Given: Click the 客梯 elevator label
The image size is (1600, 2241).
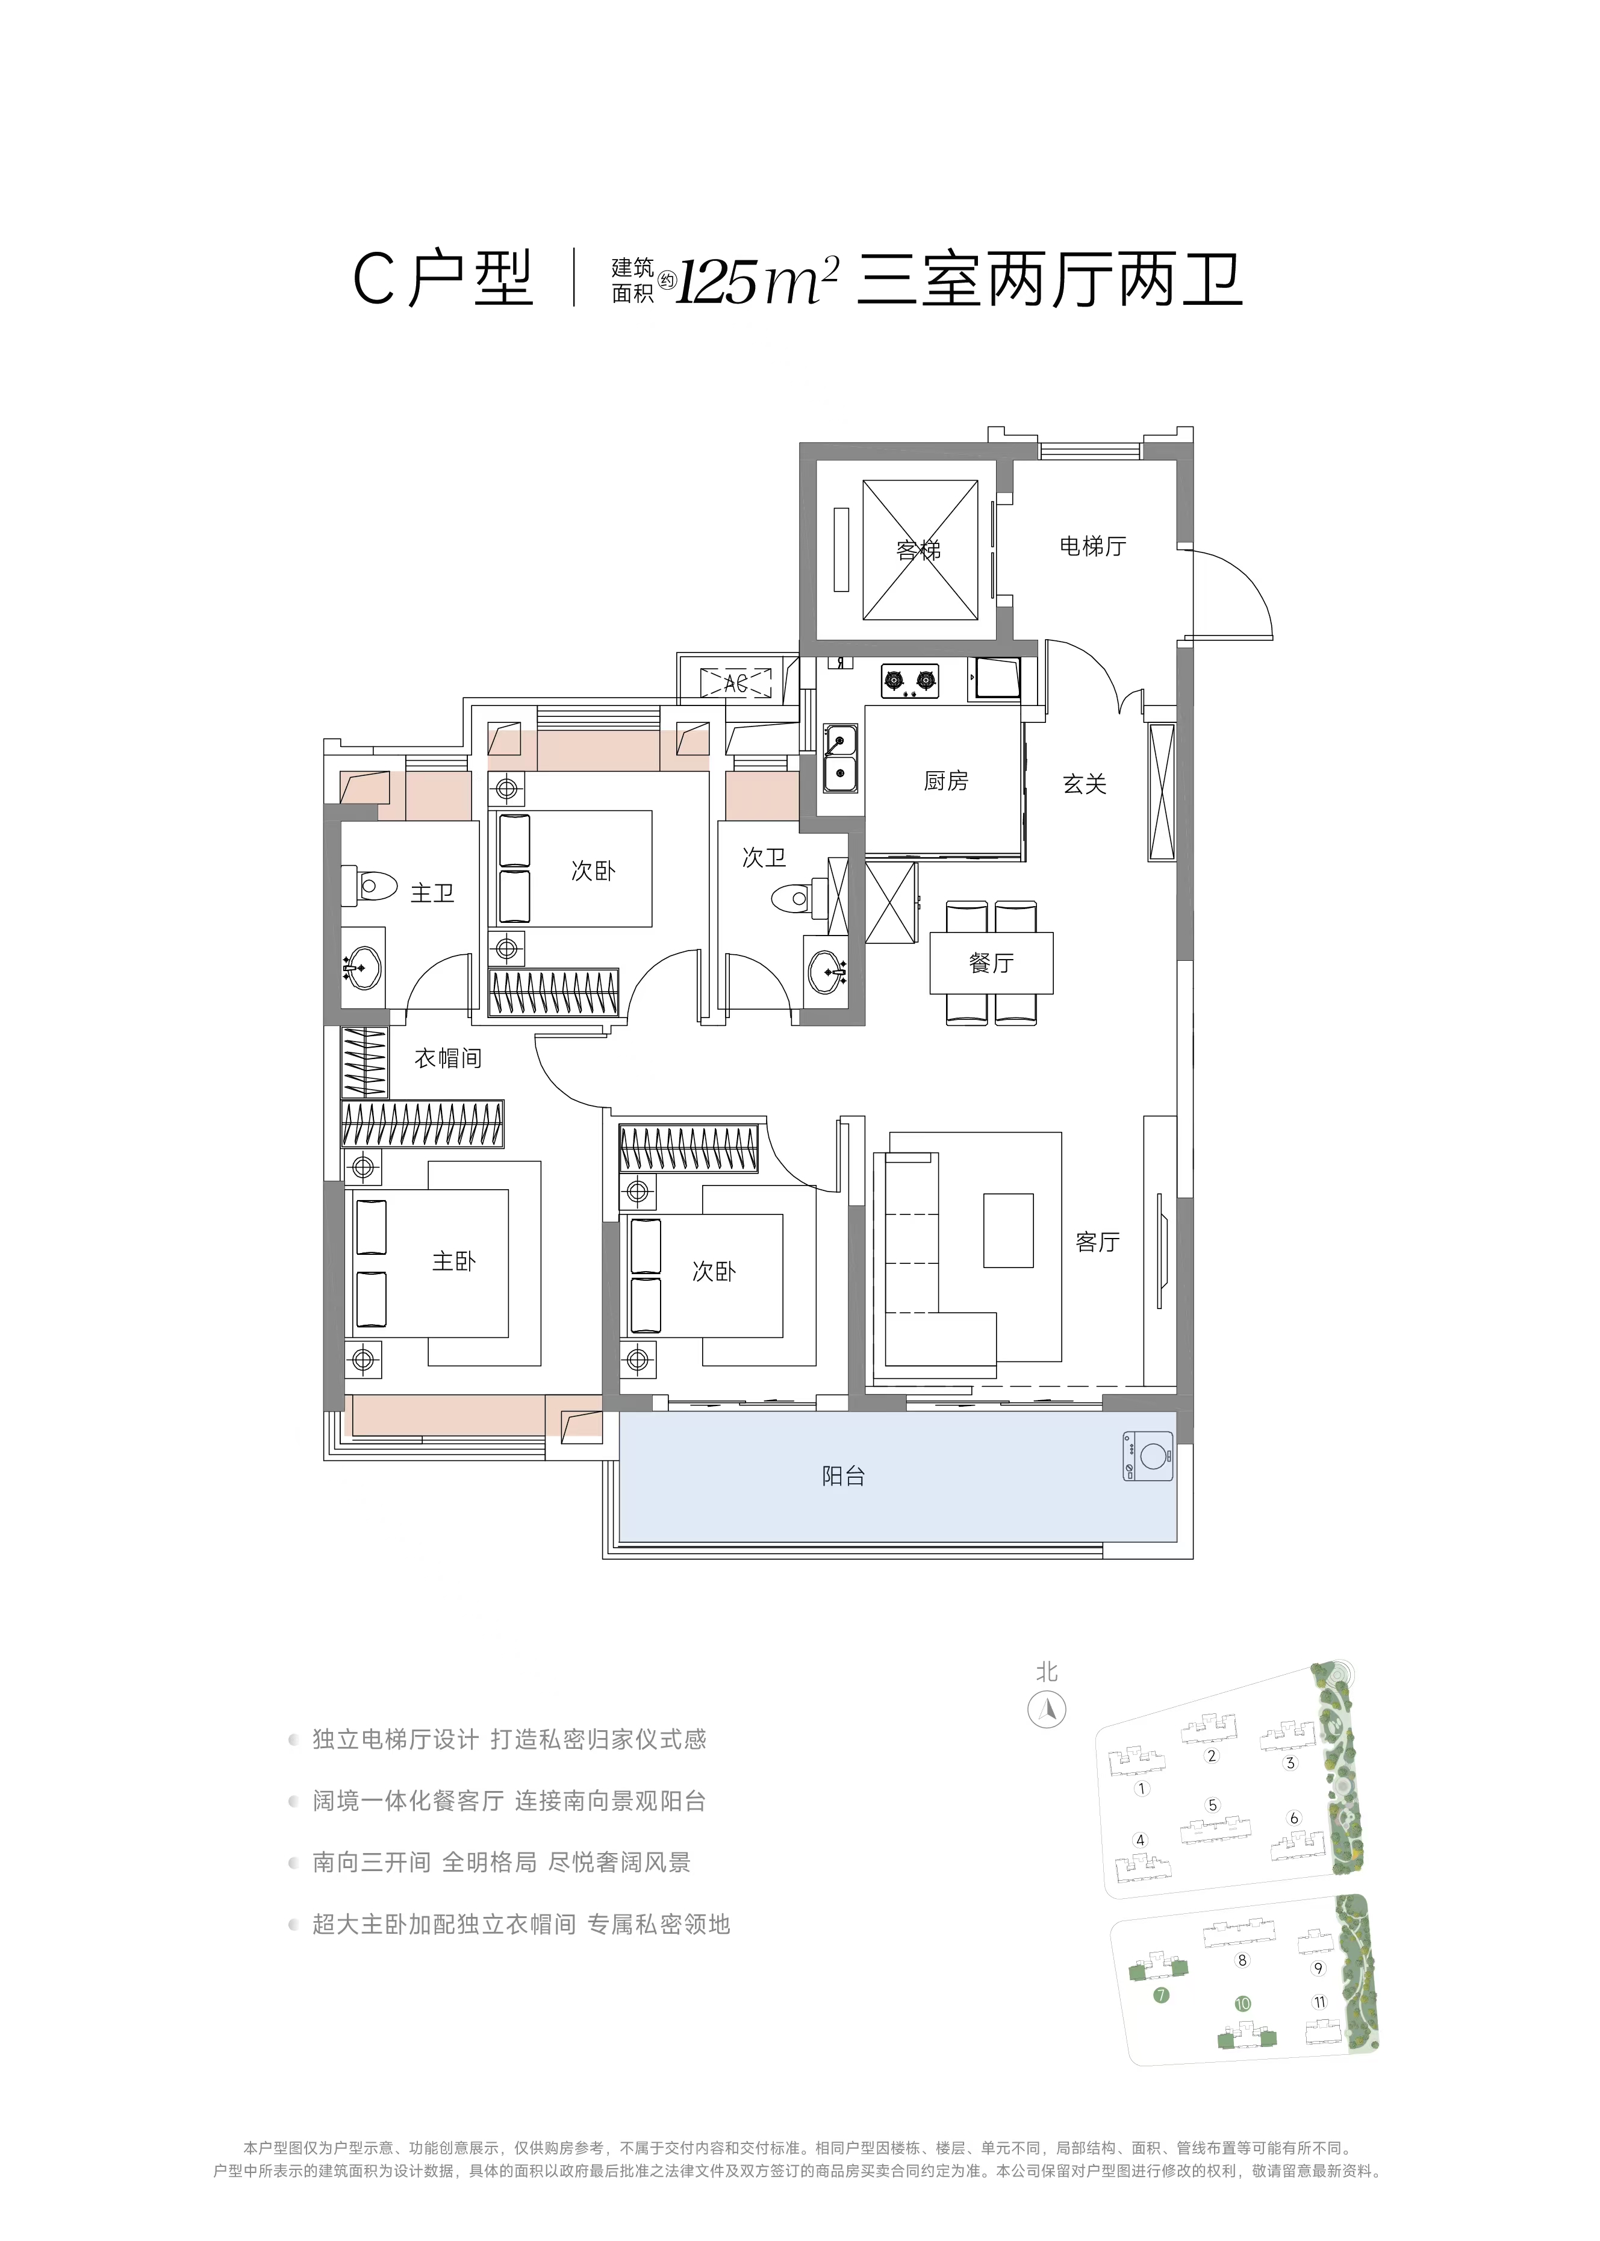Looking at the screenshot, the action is (x=918, y=550).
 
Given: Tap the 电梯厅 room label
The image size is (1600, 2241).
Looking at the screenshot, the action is (x=1092, y=546).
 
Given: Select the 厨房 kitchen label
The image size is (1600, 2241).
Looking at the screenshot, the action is (x=946, y=781).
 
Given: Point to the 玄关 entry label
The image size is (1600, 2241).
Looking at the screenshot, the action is (x=1084, y=784).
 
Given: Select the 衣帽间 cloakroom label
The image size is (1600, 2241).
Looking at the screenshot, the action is (x=448, y=1058).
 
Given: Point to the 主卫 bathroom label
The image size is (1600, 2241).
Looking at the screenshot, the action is (x=432, y=893).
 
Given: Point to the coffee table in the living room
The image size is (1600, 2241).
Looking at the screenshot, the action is (x=1008, y=1230).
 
